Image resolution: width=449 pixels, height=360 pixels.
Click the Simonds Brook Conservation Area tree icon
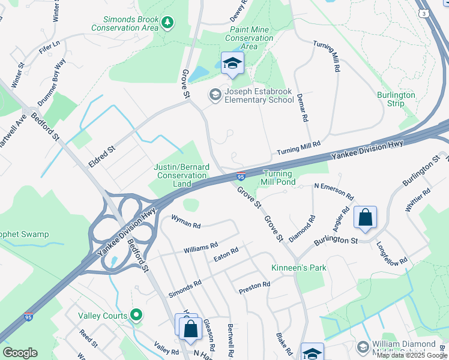click(x=168, y=23)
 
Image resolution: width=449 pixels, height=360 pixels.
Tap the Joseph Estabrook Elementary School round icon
click(x=214, y=95)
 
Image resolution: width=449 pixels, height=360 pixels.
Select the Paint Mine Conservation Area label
click(x=249, y=38)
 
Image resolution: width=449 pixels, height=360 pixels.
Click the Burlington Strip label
click(x=396, y=99)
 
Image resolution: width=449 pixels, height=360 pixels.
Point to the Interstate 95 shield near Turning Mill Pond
click(x=240, y=176)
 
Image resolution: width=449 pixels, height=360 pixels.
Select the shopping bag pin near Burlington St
click(x=365, y=218)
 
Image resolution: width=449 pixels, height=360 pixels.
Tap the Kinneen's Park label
click(x=298, y=268)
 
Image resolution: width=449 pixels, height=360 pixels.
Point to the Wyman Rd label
click(x=185, y=224)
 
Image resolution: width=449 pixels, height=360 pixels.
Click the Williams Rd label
click(x=200, y=247)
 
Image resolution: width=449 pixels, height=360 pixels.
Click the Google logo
click(x=20, y=353)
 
